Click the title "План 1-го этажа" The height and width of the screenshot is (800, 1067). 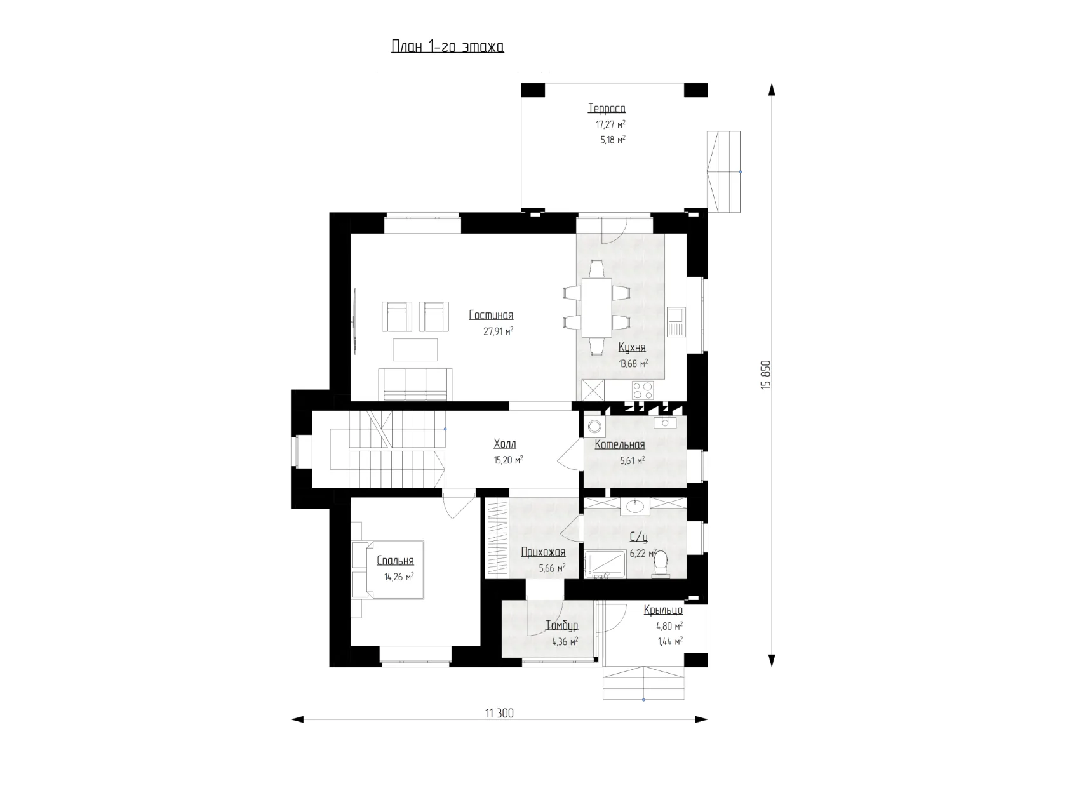point(447,46)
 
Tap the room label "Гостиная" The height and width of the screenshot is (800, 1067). point(491,316)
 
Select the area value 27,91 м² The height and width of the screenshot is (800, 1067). point(499,331)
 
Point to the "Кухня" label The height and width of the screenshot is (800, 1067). point(632,347)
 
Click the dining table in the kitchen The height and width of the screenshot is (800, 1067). point(597,307)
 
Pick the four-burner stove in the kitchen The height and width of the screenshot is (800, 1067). point(643,390)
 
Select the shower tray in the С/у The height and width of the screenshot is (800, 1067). point(605,564)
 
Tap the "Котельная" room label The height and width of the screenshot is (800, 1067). point(620,444)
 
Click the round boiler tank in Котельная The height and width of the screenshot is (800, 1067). point(594,427)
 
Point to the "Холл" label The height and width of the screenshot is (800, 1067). point(505,443)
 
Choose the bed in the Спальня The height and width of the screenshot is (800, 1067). point(388,570)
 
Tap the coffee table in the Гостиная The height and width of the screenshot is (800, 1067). point(415,350)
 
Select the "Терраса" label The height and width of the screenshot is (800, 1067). point(607,109)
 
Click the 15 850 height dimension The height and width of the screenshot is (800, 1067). point(767,375)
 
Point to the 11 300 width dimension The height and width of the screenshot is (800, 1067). point(499,713)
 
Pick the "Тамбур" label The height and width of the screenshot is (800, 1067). point(561,625)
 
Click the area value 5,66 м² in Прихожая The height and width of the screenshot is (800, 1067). point(552,568)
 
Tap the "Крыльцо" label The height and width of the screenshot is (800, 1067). point(663,610)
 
